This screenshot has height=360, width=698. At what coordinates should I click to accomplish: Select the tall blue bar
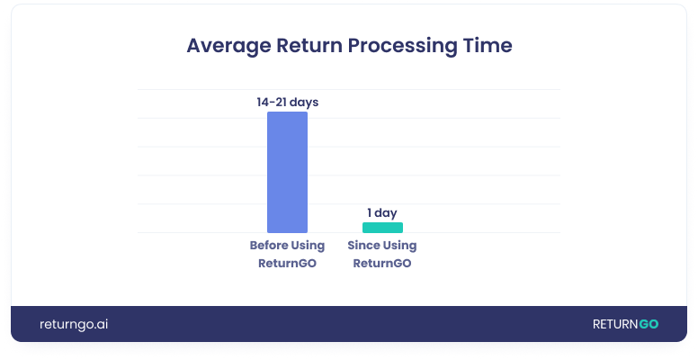tap(287, 172)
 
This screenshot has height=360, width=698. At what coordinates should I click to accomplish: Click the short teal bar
tap(382, 228)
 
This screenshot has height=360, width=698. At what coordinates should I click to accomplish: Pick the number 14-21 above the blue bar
tap(273, 103)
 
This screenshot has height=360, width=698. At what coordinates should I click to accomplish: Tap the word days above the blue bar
tap(304, 103)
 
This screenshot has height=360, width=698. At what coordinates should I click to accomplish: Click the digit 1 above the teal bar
tap(369, 213)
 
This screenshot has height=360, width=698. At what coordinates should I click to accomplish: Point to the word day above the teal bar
tap(386, 213)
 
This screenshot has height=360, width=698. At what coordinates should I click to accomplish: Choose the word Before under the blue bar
tap(269, 246)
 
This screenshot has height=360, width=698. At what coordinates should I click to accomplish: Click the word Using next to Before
tap(308, 246)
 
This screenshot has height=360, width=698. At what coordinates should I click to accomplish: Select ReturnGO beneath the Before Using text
tap(287, 263)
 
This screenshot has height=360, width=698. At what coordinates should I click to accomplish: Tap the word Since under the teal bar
tap(363, 246)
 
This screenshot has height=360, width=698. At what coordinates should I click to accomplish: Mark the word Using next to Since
tap(400, 246)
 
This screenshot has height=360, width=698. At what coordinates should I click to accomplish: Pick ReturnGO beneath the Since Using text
tap(382, 263)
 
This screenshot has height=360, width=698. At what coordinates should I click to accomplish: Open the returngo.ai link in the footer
tap(74, 324)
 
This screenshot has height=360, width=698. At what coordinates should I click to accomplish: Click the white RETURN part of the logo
tap(614, 324)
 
